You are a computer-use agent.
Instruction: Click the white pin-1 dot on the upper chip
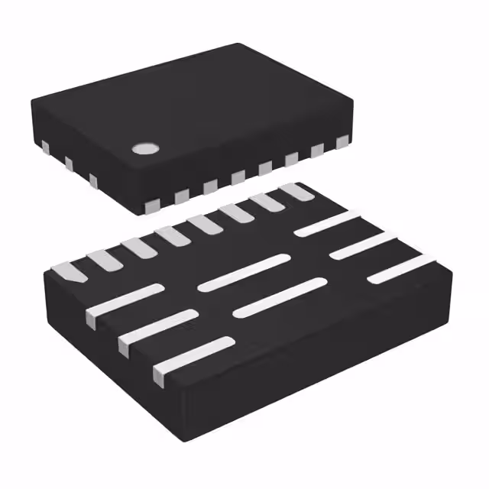[x=143, y=148]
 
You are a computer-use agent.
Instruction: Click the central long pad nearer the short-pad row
[x=244, y=272]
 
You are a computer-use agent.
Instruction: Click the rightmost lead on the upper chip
[x=342, y=141]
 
